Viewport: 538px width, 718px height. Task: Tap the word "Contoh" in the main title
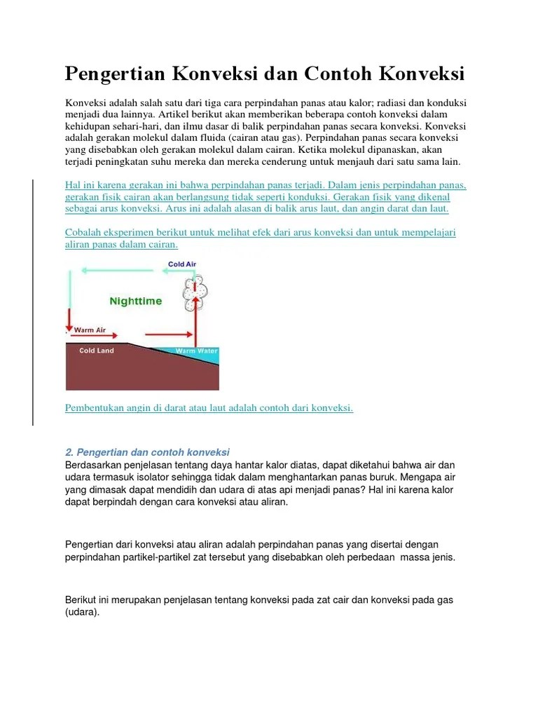click(339, 73)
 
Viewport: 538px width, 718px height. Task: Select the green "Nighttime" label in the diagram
click(135, 301)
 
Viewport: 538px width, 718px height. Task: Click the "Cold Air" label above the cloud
click(183, 264)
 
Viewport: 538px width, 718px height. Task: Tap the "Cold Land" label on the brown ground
click(97, 351)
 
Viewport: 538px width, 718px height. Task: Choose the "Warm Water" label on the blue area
click(196, 351)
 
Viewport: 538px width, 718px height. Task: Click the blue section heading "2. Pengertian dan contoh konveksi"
click(147, 452)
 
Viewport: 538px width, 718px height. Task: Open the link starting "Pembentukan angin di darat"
click(209, 407)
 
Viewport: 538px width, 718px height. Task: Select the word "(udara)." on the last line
click(83, 611)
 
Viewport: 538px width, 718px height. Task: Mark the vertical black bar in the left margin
click(32, 302)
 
